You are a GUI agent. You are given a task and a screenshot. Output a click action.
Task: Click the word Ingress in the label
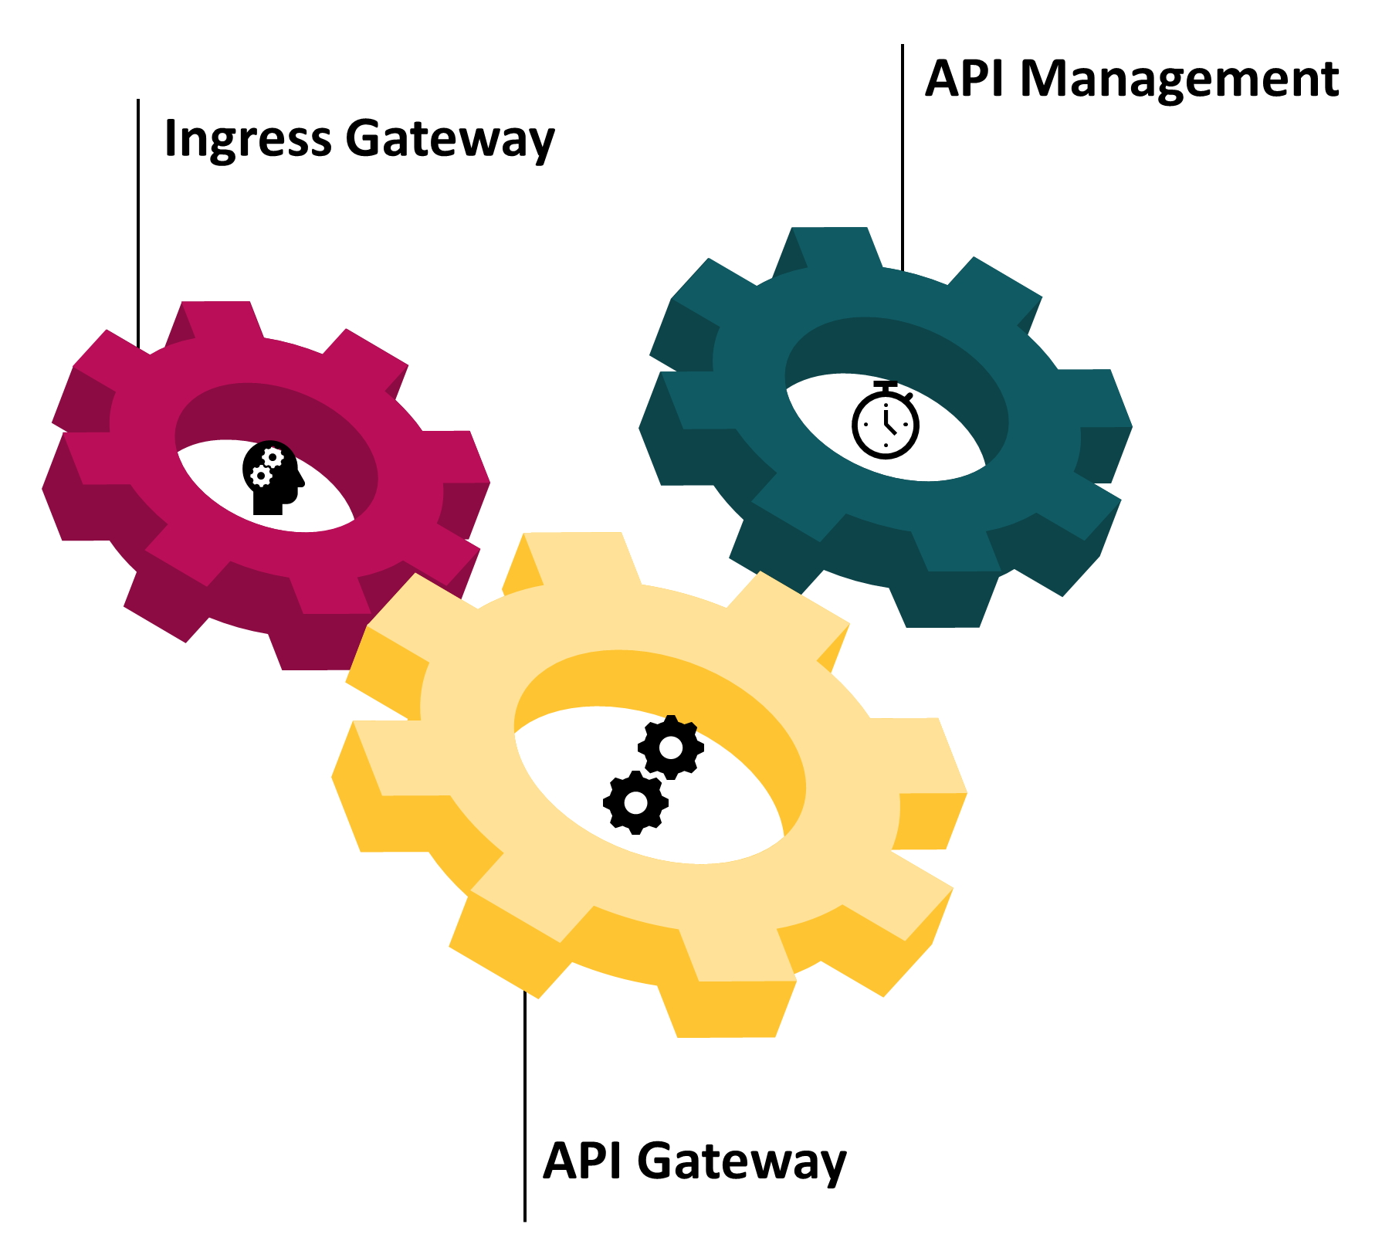pyautogui.click(x=247, y=139)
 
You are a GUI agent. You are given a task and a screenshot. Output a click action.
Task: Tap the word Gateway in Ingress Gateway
pyautogui.click(x=449, y=139)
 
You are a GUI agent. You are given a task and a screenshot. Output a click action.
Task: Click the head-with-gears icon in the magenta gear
pyautogui.click(x=273, y=478)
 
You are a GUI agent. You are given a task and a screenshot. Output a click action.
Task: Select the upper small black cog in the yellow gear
pyautogui.click(x=671, y=747)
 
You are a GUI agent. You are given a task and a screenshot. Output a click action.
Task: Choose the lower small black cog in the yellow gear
pyautogui.click(x=635, y=802)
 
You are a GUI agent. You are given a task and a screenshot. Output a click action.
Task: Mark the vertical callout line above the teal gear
pyautogui.click(x=902, y=154)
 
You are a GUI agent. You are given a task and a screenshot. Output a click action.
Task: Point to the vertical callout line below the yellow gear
pyautogui.click(x=525, y=1104)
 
